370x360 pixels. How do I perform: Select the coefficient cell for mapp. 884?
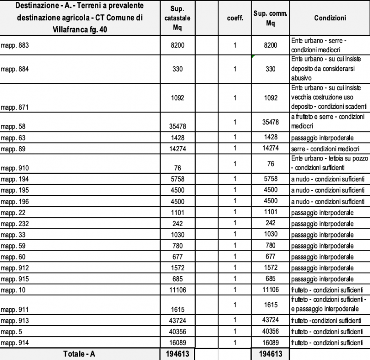[x=235, y=69]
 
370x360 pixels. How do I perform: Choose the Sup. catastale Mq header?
[x=179, y=18]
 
